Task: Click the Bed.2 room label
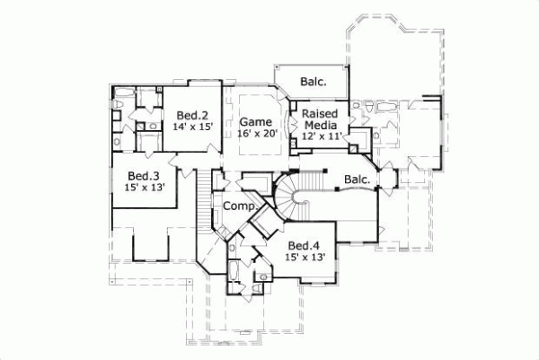tap(192, 115)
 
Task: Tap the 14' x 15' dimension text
tap(192, 127)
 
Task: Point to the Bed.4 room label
tap(303, 244)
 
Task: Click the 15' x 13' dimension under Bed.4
tap(303, 256)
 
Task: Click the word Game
tap(254, 121)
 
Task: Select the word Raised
tap(319, 113)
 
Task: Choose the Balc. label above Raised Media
tap(313, 82)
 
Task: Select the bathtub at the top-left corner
tap(119, 100)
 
